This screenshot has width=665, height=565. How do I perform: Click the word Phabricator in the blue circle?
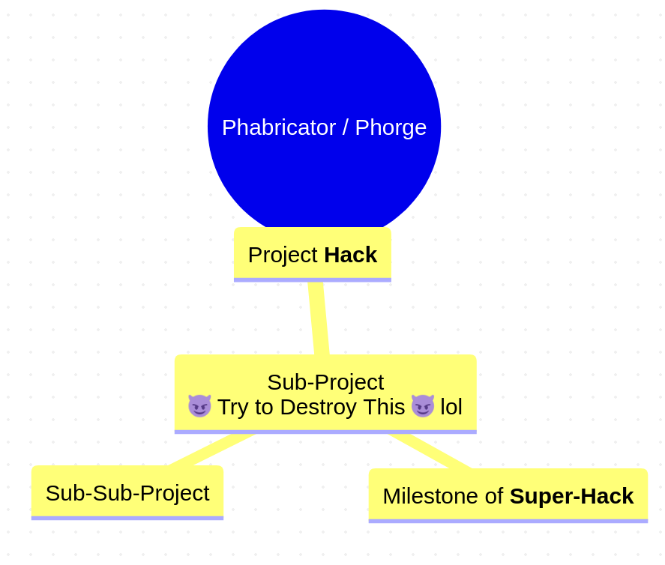[279, 127]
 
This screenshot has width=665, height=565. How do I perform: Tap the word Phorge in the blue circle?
[391, 128]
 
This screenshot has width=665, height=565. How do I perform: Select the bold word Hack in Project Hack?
[350, 256]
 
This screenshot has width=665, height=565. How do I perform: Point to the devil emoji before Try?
[199, 406]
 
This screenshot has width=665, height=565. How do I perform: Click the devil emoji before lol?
[423, 406]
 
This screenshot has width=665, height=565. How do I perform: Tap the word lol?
[451, 407]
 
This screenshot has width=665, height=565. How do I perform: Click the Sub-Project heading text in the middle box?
[325, 383]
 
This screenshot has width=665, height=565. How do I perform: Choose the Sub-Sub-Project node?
[127, 492]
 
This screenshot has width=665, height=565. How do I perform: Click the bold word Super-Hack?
[572, 496]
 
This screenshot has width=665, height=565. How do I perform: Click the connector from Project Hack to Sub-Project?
[319, 318]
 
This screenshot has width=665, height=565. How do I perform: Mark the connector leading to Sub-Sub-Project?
[211, 450]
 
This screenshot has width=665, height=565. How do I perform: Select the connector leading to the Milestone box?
[430, 451]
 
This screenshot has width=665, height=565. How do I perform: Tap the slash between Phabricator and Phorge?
[346, 127]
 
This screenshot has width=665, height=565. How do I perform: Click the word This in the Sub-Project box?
[385, 407]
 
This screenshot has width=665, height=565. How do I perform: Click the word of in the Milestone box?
[494, 496]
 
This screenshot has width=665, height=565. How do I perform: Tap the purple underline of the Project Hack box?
[313, 280]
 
